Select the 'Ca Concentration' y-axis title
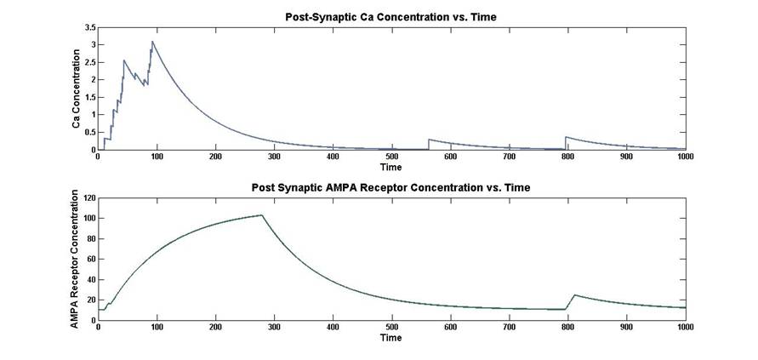[76, 89]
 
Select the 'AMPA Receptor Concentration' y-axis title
[76, 260]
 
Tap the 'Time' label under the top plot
[391, 168]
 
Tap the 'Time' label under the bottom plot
[391, 338]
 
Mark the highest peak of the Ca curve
[152, 42]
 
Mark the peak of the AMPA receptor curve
[261, 215]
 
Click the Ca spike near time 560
[429, 139]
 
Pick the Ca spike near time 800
[566, 137]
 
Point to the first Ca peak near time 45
[124, 60]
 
